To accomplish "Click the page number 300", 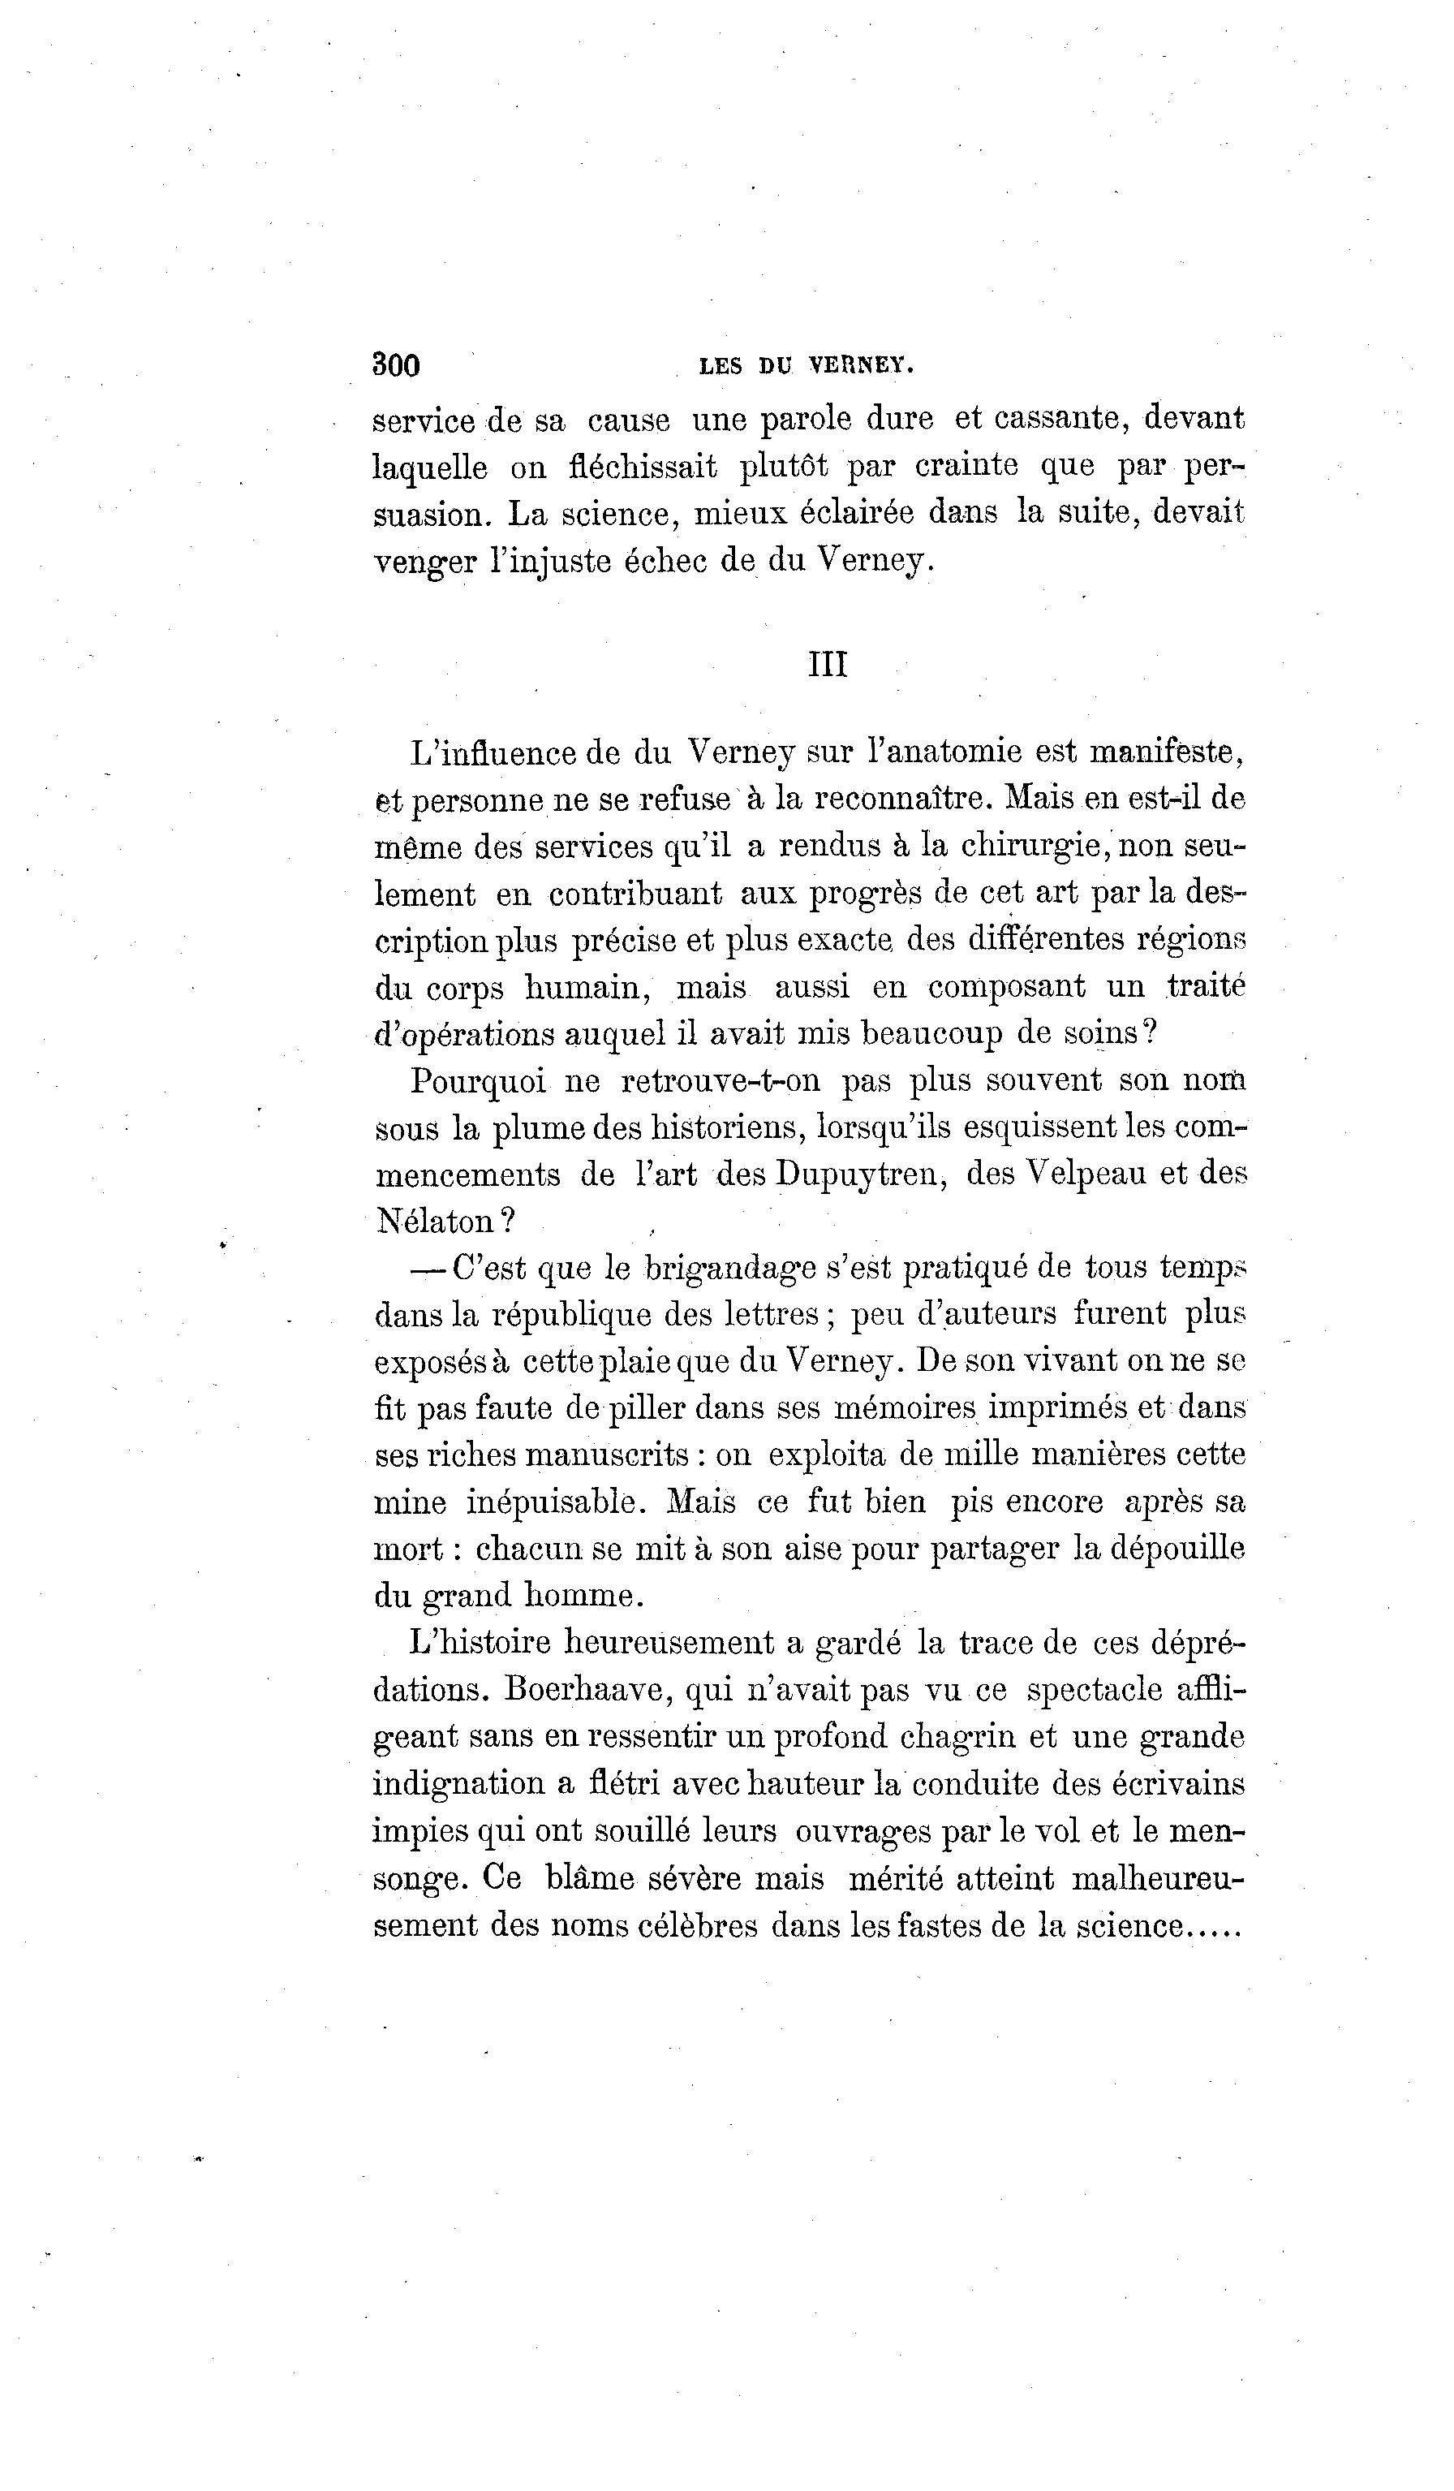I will coord(395,366).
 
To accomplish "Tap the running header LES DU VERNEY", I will coord(806,366).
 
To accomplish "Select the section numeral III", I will coord(828,664).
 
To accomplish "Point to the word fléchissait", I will coord(643,467).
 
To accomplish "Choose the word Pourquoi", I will coord(477,1081).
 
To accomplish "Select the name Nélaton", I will coord(435,1222).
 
